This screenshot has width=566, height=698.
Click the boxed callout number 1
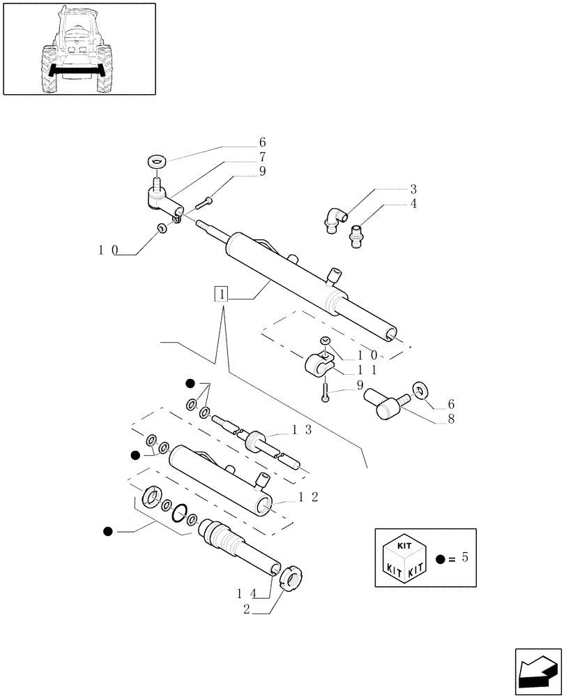[221, 295]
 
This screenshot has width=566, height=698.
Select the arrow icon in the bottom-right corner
[537, 672]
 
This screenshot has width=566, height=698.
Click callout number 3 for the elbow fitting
[413, 189]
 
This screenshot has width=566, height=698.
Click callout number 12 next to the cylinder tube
[307, 497]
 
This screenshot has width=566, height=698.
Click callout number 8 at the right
[451, 419]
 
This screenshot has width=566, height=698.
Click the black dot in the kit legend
[440, 559]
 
